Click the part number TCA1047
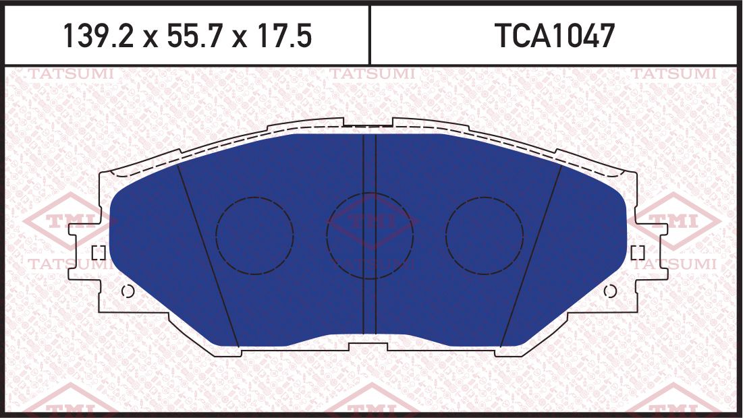(x=555, y=36)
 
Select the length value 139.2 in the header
(x=102, y=36)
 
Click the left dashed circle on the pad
(x=254, y=235)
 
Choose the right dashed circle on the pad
(x=484, y=235)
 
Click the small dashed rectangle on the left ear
(x=98, y=253)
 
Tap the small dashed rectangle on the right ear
(x=638, y=253)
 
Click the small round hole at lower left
(x=128, y=291)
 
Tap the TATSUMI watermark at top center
(x=372, y=73)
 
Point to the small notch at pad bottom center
(x=368, y=346)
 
